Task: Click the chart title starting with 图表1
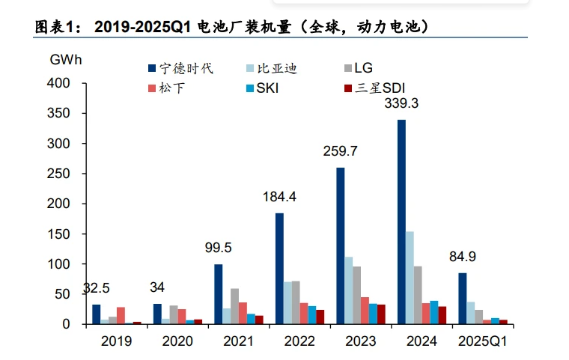pos(232,27)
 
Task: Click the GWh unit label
pos(66,58)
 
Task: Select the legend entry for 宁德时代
pos(180,69)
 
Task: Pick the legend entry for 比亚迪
pos(276,69)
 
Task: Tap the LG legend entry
pos(363,69)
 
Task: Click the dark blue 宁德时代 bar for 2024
pos(402,222)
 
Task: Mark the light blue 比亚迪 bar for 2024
pos(410,278)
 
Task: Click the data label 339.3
pos(401,104)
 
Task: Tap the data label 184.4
pos(279,198)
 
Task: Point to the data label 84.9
pos(462,257)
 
